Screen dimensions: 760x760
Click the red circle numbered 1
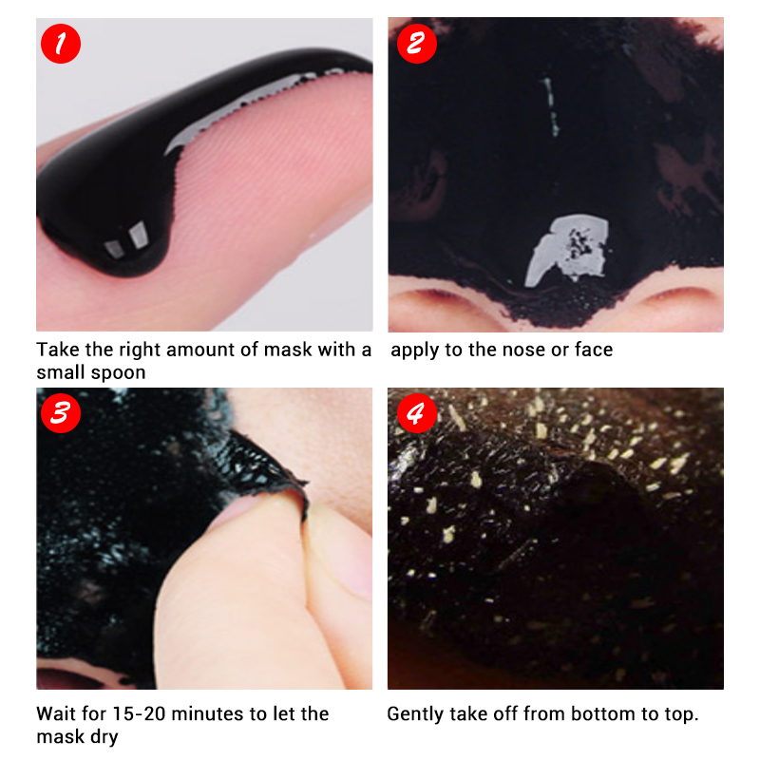coord(61,44)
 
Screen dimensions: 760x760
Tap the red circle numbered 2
coord(416,44)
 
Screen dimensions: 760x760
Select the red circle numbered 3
coord(61,413)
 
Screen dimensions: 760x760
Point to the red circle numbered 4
coord(416,413)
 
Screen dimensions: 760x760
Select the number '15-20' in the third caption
coord(139,714)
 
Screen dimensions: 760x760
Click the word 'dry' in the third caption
coord(104,738)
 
